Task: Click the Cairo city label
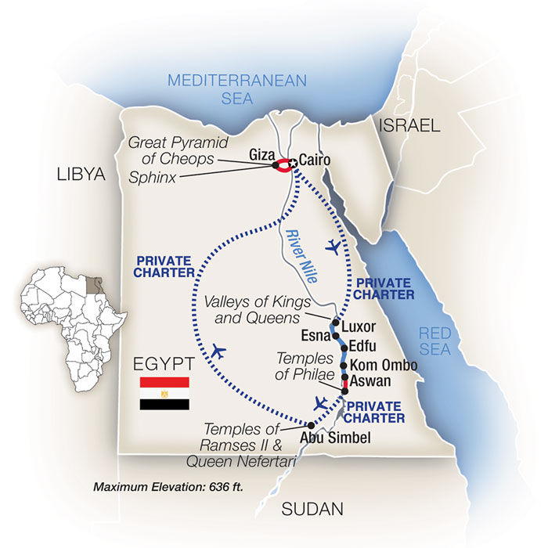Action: pyautogui.click(x=315, y=160)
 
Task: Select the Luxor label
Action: pyautogui.click(x=360, y=326)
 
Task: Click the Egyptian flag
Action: pyautogui.click(x=164, y=394)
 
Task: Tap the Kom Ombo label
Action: pyautogui.click(x=384, y=366)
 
